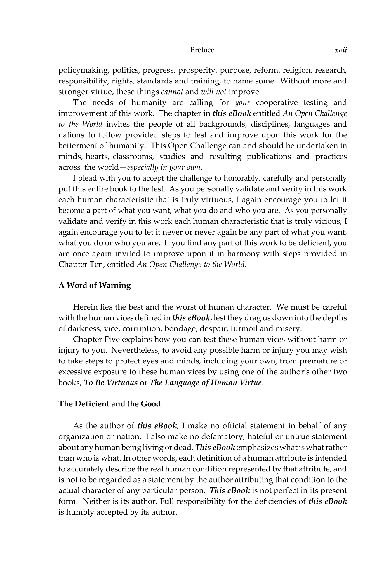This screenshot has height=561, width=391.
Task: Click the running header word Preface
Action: click(x=202, y=50)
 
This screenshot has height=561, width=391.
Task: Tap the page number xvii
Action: click(x=340, y=50)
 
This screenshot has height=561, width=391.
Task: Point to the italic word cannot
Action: click(x=172, y=92)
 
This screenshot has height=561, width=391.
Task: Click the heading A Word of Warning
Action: click(x=95, y=285)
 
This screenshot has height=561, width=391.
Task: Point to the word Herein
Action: click(x=85, y=307)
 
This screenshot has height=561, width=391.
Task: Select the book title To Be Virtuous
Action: click(x=111, y=383)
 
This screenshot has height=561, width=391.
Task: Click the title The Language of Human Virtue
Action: click(x=206, y=383)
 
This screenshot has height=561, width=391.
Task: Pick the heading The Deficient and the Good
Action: click(x=110, y=404)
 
